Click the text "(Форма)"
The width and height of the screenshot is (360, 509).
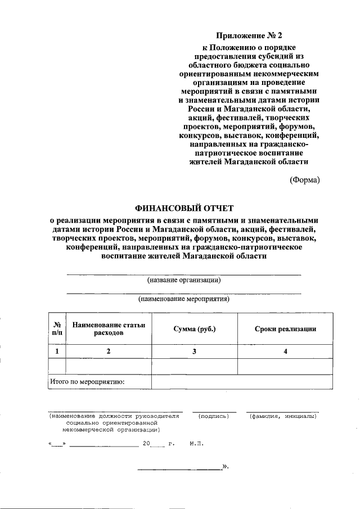pyautogui.click(x=304, y=180)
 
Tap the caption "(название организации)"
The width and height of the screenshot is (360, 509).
pyautogui.click(x=184, y=280)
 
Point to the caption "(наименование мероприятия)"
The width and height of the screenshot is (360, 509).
pyautogui.click(x=184, y=299)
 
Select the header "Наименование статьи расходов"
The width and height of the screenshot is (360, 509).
pyautogui.click(x=109, y=328)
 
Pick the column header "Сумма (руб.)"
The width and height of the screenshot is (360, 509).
pyautogui.click(x=195, y=328)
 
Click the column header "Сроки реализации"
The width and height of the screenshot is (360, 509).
pyautogui.click(x=285, y=328)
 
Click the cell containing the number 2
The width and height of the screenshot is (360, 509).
pyautogui.click(x=109, y=352)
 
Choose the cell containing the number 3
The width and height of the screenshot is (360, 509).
pyautogui.click(x=195, y=352)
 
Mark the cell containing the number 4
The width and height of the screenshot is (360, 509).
pyautogui.click(x=285, y=352)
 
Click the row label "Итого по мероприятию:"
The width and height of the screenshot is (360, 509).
pyautogui.click(x=87, y=382)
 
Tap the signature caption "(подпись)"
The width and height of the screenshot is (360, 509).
pyautogui.click(x=213, y=416)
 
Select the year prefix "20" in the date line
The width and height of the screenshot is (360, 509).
pyautogui.click(x=146, y=443)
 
